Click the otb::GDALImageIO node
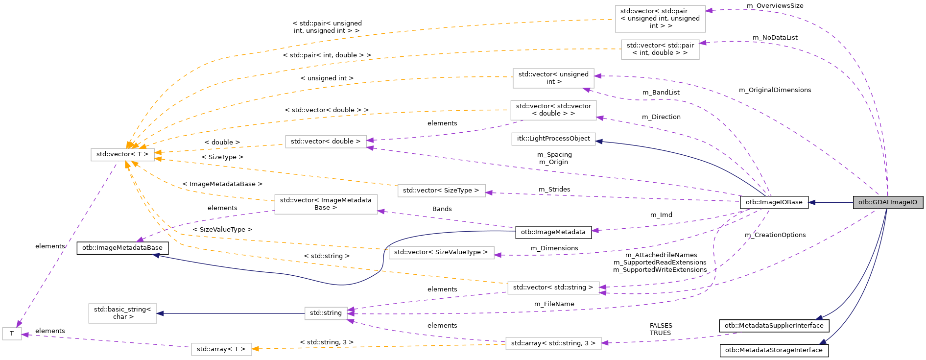point(887,202)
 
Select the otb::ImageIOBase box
point(774,202)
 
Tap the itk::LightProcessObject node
point(553,139)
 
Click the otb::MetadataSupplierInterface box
point(774,325)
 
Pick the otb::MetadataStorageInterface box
point(774,350)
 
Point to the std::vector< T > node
point(122,154)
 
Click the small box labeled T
point(12,334)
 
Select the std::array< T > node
point(221,349)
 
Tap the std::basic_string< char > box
point(122,313)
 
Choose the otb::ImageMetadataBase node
point(122,248)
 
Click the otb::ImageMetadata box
point(553,232)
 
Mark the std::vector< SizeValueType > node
point(441,252)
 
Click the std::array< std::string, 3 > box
point(553,343)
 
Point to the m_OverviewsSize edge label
point(775,6)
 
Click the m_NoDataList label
point(775,38)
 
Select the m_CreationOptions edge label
point(775,235)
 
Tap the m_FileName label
point(554,304)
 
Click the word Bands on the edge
point(442,209)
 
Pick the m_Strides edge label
point(554,190)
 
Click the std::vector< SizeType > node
point(441,191)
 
